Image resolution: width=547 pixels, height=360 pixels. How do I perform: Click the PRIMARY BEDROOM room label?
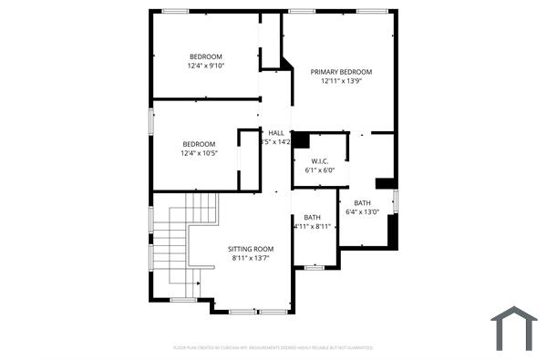tap(341, 71)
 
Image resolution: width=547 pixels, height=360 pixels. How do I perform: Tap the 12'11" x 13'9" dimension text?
tap(341, 81)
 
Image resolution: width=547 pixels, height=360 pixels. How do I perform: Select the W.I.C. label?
tap(319, 160)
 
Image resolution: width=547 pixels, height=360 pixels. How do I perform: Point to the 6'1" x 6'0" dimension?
tap(319, 170)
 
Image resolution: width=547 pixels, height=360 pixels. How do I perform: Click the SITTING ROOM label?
tap(251, 249)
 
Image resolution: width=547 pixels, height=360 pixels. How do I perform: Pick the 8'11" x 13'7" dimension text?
tap(251, 258)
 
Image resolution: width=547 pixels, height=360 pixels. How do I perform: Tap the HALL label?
tap(275, 133)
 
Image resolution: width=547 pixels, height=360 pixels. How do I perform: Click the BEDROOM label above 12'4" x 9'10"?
tap(205, 57)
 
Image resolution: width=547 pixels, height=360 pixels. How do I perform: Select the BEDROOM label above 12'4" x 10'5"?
tap(199, 144)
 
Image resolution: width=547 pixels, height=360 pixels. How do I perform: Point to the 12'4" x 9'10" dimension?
tap(205, 66)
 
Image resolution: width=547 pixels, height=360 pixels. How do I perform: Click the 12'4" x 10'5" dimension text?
tap(199, 153)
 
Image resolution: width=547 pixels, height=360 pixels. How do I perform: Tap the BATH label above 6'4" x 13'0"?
tap(362, 203)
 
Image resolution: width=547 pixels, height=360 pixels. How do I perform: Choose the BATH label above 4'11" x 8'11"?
tap(312, 217)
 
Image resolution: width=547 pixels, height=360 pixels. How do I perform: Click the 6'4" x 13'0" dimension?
tap(362, 212)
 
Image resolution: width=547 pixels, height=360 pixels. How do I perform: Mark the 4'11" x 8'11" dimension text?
tap(312, 226)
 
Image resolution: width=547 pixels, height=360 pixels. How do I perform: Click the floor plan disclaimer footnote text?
tap(273, 347)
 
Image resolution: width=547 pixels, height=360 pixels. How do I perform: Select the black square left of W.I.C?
tap(300, 141)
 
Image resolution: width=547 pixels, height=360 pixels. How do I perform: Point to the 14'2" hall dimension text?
tap(277, 142)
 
